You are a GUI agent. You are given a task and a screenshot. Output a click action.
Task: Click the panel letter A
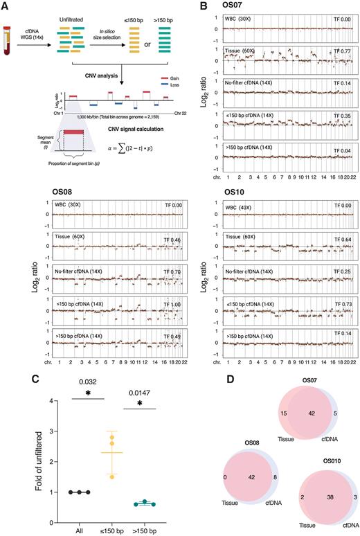pos(6,6)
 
